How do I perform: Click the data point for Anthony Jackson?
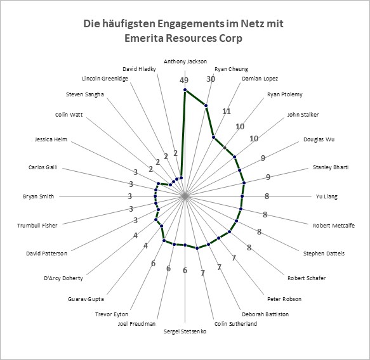click(185, 90)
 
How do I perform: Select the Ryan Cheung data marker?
click(206, 105)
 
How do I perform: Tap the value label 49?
click(184, 80)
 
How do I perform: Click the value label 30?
click(211, 79)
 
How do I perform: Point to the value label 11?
click(227, 111)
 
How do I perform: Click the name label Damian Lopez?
click(260, 79)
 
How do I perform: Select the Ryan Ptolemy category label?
click(285, 94)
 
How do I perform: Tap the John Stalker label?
click(303, 115)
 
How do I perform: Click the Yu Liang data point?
click(242, 196)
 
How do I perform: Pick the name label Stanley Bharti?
click(331, 167)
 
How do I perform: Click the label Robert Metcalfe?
click(334, 226)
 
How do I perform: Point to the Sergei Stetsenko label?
click(185, 331)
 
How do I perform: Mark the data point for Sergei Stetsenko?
click(185, 245)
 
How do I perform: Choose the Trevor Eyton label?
click(112, 314)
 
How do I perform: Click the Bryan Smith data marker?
click(155, 196)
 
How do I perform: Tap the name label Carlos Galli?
click(43, 167)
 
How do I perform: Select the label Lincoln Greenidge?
click(105, 79)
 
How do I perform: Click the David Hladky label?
click(139, 69)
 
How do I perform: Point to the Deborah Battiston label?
click(265, 314)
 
